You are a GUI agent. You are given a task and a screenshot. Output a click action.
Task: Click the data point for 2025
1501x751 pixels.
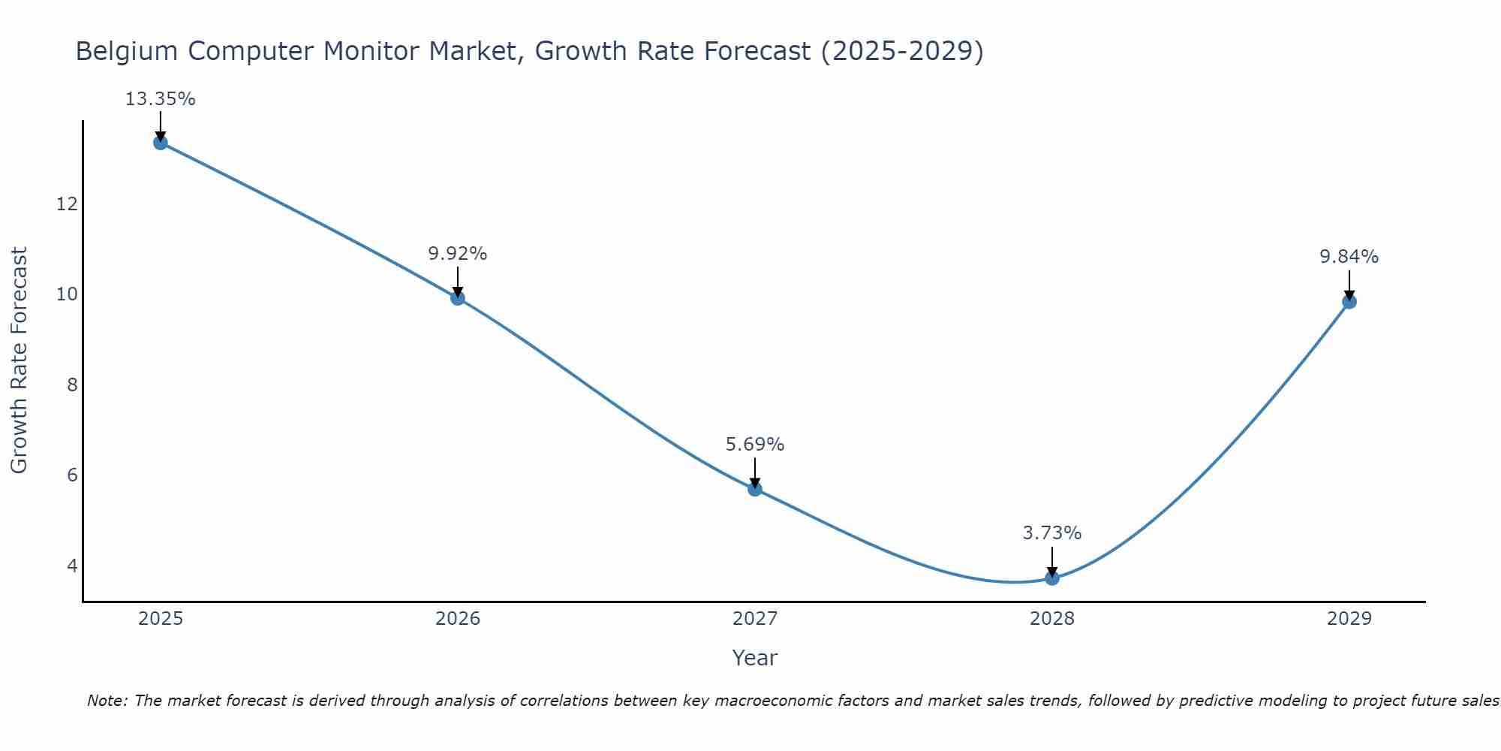[161, 143]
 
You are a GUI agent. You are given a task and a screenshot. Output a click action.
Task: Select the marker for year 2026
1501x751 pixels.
[458, 298]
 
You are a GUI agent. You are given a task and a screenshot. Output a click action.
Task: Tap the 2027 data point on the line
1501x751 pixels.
[755, 489]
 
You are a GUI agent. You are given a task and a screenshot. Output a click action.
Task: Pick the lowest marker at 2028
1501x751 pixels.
[1052, 578]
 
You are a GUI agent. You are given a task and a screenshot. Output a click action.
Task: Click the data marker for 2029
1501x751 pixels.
[1349, 302]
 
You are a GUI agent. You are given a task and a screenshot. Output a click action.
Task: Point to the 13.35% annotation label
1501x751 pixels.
[160, 99]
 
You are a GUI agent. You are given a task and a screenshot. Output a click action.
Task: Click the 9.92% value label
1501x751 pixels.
[458, 254]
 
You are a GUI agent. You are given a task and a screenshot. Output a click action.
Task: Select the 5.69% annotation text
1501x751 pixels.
[755, 445]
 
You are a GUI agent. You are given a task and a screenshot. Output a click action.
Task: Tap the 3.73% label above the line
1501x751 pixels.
[1052, 533]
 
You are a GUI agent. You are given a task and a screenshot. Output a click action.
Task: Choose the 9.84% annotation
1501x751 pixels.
[1349, 257]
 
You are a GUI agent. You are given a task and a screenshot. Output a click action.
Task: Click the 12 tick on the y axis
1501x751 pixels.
[67, 204]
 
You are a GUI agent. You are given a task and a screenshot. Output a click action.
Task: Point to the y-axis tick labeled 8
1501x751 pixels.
[72, 385]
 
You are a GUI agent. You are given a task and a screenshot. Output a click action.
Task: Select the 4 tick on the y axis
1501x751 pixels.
[72, 565]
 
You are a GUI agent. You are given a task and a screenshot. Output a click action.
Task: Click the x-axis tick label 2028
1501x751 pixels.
[1052, 619]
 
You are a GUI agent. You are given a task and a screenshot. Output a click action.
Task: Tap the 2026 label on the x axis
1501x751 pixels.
[458, 619]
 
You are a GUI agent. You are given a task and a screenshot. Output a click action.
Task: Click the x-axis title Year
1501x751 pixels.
[755, 658]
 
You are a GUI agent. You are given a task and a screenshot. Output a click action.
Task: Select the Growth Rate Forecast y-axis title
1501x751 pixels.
[19, 360]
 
